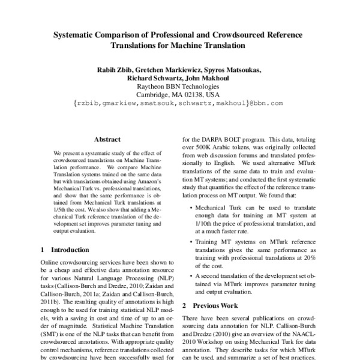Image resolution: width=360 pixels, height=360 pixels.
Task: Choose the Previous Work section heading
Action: (x=214, y=305)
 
